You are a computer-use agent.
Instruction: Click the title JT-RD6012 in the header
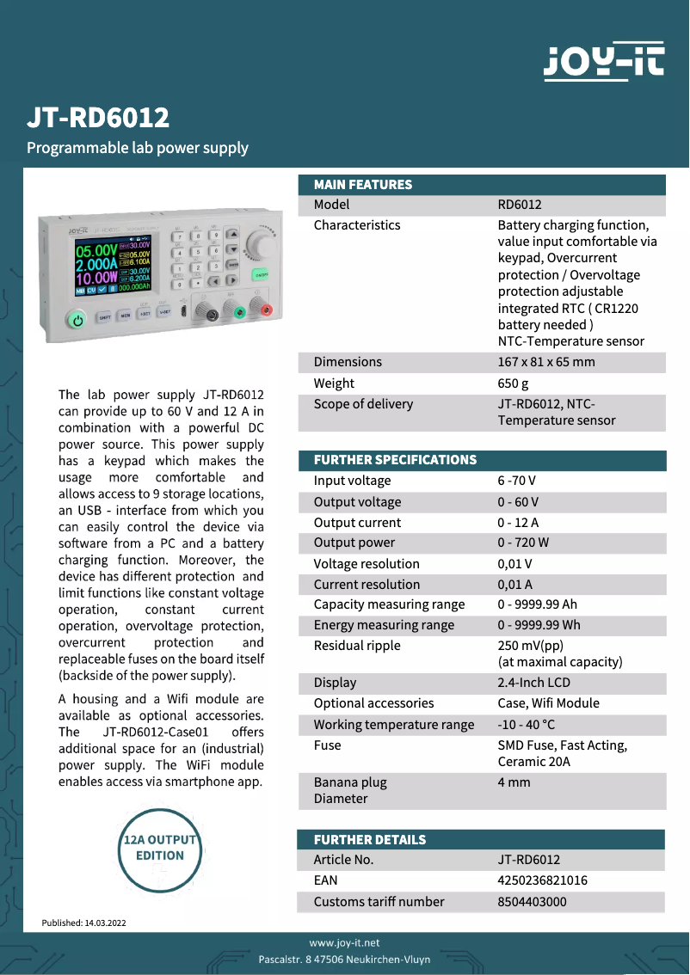97,117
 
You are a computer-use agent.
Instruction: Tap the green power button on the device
77,320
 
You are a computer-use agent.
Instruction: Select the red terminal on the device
266,310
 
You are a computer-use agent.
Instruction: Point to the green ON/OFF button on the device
261,274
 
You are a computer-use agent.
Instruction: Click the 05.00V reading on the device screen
96,252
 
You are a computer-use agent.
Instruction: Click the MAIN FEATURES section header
362,185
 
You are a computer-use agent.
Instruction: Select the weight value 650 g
513,383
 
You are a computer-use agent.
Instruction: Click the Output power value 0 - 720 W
522,543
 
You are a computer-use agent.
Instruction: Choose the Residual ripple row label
356,646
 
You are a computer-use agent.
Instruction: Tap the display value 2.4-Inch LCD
533,683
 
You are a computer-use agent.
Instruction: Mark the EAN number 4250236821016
542,880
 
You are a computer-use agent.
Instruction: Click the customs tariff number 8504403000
532,902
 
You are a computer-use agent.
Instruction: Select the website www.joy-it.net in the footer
344,943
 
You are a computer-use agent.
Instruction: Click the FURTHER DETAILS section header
369,840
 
